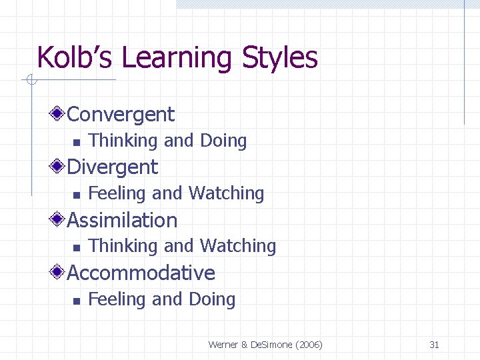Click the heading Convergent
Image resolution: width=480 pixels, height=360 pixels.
click(121, 115)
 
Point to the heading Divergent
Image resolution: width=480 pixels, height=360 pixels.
click(113, 167)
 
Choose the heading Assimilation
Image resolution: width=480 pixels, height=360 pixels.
click(123, 220)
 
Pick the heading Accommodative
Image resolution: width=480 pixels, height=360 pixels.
click(141, 273)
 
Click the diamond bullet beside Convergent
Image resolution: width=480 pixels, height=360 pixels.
click(59, 114)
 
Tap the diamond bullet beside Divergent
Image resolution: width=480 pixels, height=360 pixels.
click(59, 167)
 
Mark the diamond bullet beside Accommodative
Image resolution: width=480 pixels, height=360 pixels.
click(59, 273)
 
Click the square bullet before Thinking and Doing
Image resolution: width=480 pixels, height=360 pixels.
click(76, 142)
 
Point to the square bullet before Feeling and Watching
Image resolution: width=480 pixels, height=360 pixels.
click(76, 195)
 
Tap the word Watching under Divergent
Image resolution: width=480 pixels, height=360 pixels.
click(227, 193)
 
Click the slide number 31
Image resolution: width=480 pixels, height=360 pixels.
click(434, 345)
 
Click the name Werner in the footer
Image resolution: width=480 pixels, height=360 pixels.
click(223, 345)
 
